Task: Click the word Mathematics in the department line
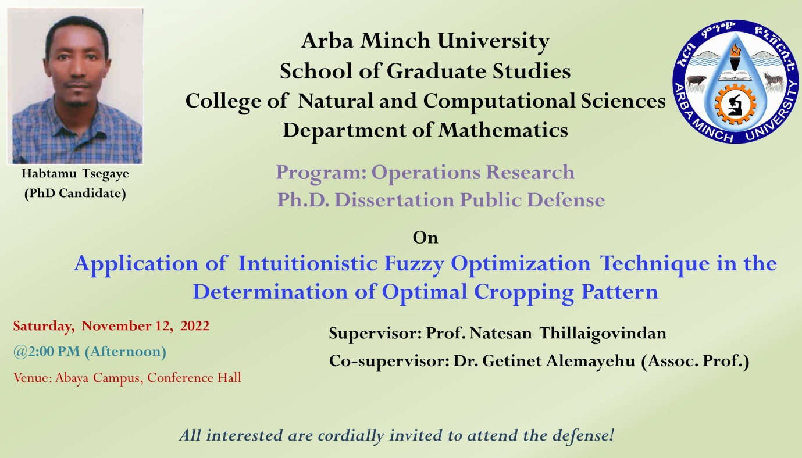[503, 130]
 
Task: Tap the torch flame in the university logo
[736, 50]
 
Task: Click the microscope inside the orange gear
[735, 105]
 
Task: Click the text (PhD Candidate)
[75, 193]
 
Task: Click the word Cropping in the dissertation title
[524, 292]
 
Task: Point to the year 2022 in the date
[195, 326]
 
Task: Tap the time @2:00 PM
[47, 352]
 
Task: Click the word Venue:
[33, 378]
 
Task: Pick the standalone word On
[425, 238]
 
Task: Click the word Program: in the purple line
[321, 173]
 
